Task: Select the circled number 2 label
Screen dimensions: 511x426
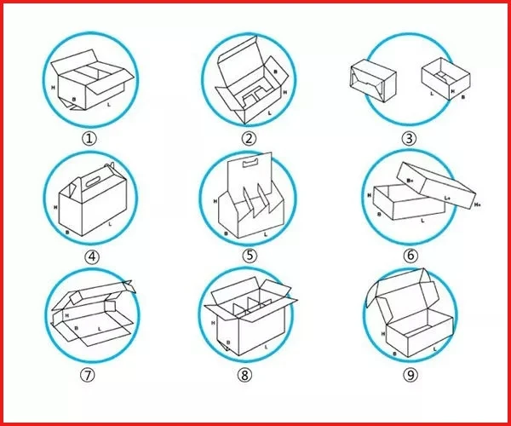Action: (x=249, y=138)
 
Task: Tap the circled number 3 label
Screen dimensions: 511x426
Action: (x=410, y=138)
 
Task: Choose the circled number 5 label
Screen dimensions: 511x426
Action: (x=250, y=254)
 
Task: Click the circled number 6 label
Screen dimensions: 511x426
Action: (x=411, y=255)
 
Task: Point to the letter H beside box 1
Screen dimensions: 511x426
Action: (x=54, y=87)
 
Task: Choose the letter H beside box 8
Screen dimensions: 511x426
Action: (x=210, y=322)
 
